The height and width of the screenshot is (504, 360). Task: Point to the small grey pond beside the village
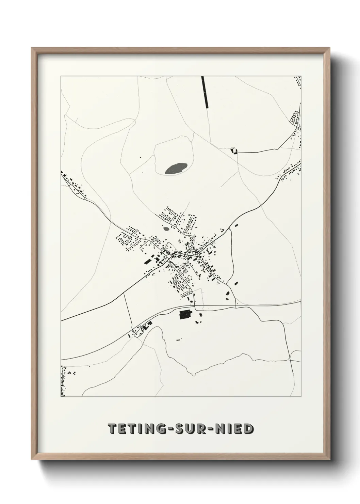[x=166, y=229]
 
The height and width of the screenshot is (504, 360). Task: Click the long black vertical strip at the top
[x=205, y=92]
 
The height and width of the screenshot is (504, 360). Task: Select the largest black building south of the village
[x=185, y=314]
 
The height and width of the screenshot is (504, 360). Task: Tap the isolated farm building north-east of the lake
[x=233, y=151]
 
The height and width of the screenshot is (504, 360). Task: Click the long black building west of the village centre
[x=148, y=261]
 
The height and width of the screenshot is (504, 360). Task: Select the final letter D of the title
[x=248, y=429]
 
